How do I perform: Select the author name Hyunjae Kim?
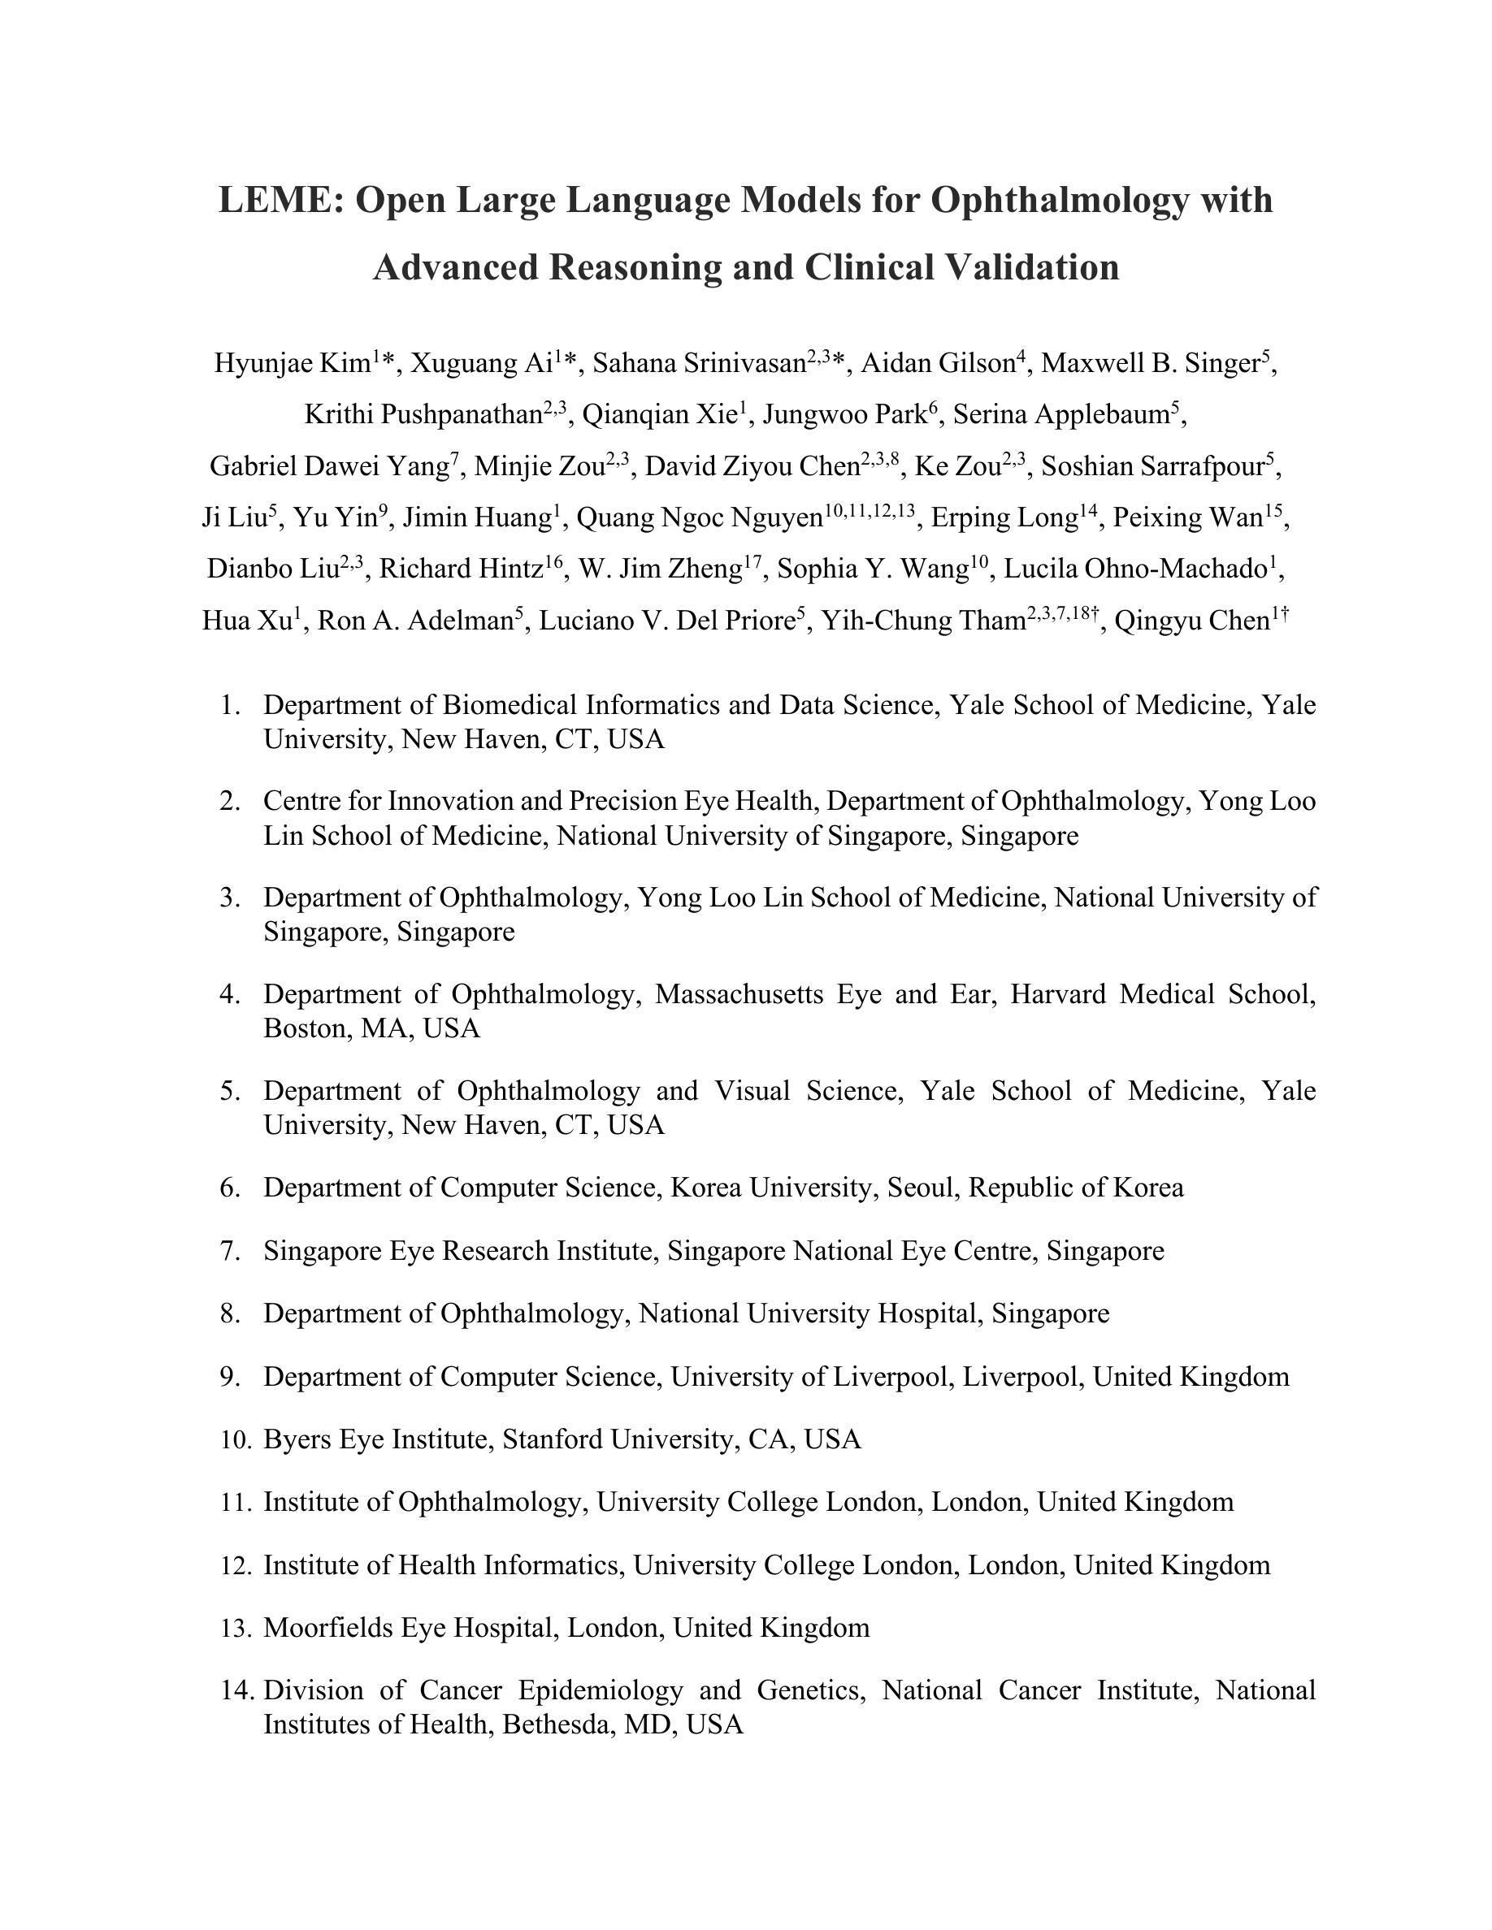[x=292, y=363]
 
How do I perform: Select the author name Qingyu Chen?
[x=1191, y=621]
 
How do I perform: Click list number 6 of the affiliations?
[x=230, y=1188]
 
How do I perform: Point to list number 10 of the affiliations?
[x=236, y=1439]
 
